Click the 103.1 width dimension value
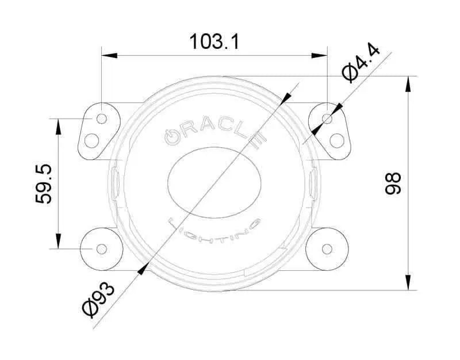pos(214,41)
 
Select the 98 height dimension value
pos(393,183)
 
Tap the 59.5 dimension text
pos(44,183)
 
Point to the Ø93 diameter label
pos(98,299)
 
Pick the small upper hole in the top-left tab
pos(101,118)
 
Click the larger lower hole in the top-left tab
pos(91,140)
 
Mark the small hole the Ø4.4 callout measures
pos(327,118)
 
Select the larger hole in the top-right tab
pos(337,140)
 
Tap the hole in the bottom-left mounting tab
pos(101,249)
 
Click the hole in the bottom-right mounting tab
pos(327,249)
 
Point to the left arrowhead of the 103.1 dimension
pos(107,56)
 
